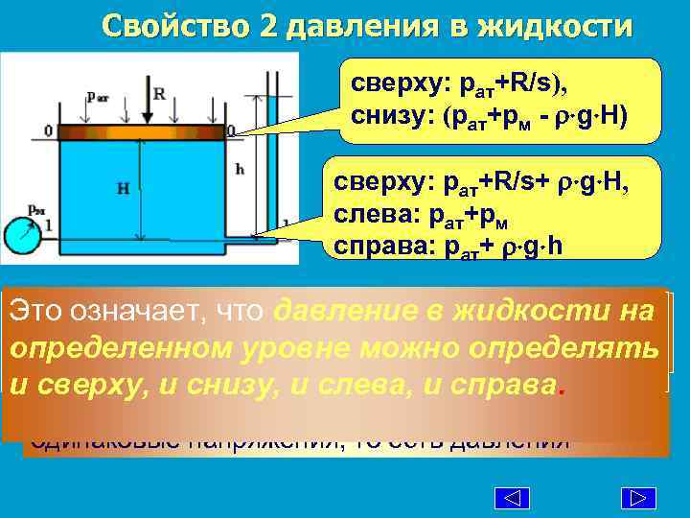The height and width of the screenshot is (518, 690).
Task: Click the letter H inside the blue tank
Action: coord(124,189)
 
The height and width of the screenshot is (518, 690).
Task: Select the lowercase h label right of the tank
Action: coord(240,169)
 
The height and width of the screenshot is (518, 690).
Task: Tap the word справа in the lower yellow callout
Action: coord(373,246)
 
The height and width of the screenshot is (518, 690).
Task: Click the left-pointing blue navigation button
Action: coord(513,498)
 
